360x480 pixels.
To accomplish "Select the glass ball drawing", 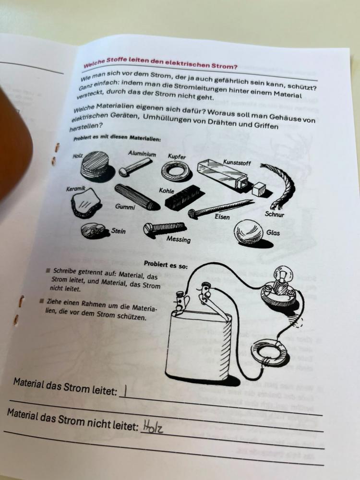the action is pyautogui.click(x=250, y=232).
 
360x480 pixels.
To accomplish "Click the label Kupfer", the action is pyautogui.click(x=177, y=156).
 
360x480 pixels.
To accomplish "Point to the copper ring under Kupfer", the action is pyautogui.click(x=174, y=171).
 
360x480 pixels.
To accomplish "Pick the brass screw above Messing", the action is pyautogui.click(x=164, y=228).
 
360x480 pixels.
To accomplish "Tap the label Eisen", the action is pyautogui.click(x=222, y=217).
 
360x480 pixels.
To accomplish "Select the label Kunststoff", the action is pyautogui.click(x=237, y=163).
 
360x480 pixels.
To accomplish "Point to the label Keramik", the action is pyautogui.click(x=76, y=189).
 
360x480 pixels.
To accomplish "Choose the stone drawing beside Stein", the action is pyautogui.click(x=93, y=230).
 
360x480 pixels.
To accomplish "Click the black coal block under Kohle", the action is pyautogui.click(x=185, y=197).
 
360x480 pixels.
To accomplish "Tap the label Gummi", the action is pyautogui.click(x=125, y=207).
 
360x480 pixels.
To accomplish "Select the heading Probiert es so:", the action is pyautogui.click(x=166, y=264).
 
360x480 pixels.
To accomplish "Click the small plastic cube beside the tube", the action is pyautogui.click(x=259, y=189).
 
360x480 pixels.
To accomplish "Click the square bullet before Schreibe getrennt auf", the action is pyautogui.click(x=48, y=270).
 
